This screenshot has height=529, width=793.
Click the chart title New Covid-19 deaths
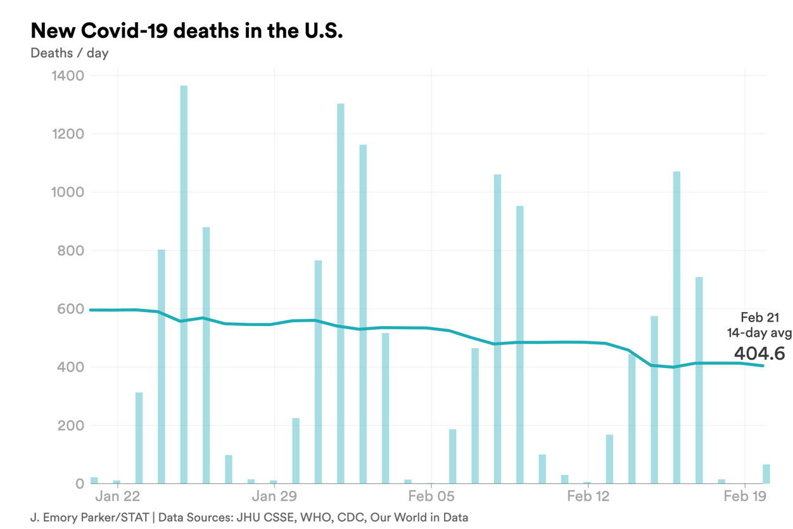(x=186, y=30)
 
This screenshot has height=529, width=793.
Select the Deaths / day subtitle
(x=69, y=53)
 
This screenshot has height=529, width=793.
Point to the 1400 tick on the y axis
(x=67, y=76)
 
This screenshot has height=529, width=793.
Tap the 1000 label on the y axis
(x=67, y=193)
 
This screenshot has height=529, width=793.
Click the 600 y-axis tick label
(x=71, y=310)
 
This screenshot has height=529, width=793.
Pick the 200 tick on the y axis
(x=71, y=426)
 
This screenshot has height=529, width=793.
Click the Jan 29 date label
(x=275, y=496)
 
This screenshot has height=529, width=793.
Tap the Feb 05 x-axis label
(x=431, y=496)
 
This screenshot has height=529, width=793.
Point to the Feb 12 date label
(x=588, y=496)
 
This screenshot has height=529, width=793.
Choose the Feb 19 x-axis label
(x=744, y=496)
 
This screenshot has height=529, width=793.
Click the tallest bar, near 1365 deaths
(x=184, y=285)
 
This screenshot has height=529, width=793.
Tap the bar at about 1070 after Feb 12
(x=676, y=327)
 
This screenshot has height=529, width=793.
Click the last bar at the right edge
(x=766, y=474)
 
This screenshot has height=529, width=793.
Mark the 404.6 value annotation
(x=759, y=353)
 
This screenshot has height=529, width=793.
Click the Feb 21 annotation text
(x=759, y=318)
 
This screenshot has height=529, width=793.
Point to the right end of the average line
(x=763, y=365)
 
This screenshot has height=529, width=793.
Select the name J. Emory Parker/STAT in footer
(x=89, y=518)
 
